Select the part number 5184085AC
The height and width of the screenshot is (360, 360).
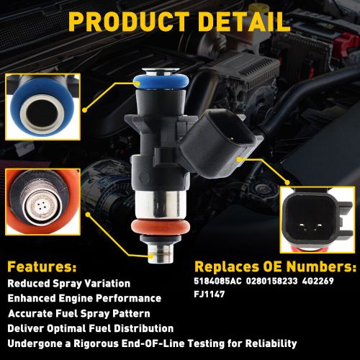point(218,283)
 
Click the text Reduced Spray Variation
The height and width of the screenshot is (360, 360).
point(69,283)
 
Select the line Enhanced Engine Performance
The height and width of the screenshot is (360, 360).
point(84,298)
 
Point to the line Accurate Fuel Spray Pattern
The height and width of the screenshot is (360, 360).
point(79,313)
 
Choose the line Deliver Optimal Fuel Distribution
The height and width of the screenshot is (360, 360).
point(91,328)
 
